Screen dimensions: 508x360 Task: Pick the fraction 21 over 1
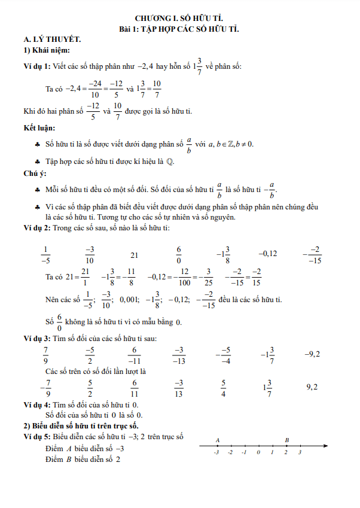tap(85, 276)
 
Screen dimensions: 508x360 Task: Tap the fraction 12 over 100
tap(185, 276)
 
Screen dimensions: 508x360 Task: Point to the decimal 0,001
tap(130, 299)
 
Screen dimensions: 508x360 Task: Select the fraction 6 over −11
tap(135, 355)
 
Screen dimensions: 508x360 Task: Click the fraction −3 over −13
tap(179, 355)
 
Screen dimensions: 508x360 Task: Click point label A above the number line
tap(217, 440)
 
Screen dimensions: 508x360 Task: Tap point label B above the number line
tap(287, 440)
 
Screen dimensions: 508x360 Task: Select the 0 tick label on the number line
tap(258, 453)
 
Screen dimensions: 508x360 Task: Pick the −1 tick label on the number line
tap(244, 453)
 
